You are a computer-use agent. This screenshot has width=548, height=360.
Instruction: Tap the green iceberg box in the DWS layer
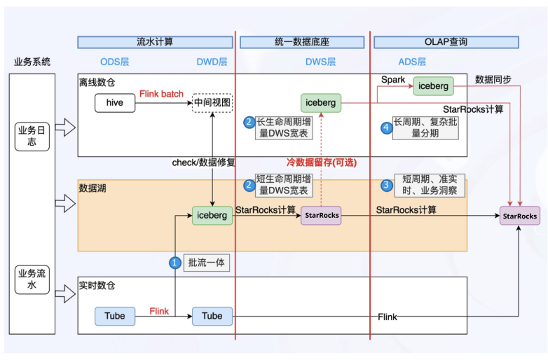tap(321, 103)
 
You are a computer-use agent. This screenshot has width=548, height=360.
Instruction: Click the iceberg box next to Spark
tap(432, 85)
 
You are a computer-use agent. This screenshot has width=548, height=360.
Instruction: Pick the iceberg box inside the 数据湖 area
tap(212, 216)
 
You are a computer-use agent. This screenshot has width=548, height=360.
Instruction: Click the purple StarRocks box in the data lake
tap(321, 216)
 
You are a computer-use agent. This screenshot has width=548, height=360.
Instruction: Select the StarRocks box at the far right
tap(520, 216)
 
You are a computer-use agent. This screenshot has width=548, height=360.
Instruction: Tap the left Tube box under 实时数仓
tap(115, 316)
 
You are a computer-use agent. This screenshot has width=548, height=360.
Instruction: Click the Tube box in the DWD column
tap(212, 316)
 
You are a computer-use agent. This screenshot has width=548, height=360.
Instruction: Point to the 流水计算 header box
tap(155, 42)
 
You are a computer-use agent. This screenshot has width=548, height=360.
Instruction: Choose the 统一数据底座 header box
tap(303, 42)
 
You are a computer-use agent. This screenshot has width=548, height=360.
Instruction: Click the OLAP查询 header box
tap(446, 42)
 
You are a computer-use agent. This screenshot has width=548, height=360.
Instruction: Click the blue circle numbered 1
tap(174, 263)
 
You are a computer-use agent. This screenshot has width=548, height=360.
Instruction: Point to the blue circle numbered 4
tap(385, 127)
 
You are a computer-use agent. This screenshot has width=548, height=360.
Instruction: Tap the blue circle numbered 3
tap(385, 186)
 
